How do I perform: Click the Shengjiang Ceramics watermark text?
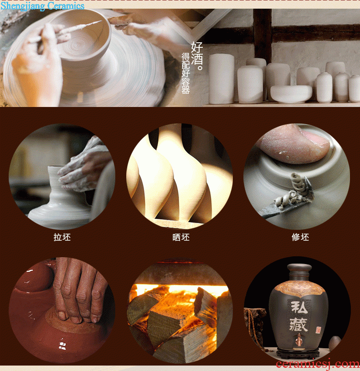coord(42,6)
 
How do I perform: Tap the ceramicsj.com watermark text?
coord(318,364)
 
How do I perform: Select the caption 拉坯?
coord(62,237)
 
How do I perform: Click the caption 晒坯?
coord(181,237)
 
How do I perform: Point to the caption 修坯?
coord(300,237)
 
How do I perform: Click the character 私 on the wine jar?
coord(299,307)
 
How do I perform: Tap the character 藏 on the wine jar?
coord(298,325)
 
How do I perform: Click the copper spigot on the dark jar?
coord(299,340)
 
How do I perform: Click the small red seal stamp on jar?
coord(318,330)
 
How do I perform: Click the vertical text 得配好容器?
coord(185,73)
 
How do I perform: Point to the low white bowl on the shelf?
coord(291,94)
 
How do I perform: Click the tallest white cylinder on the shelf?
coord(221,79)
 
